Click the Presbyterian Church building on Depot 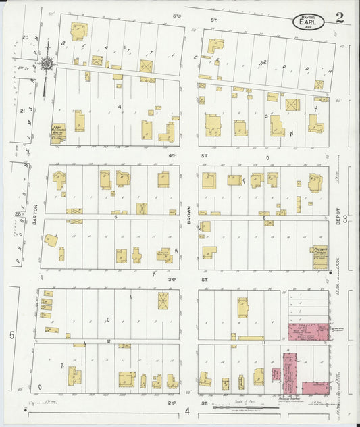pyautogui.click(x=319, y=257)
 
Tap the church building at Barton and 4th pyautogui.click(x=58, y=132)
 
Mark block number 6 pyautogui.click(x=263, y=217)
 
